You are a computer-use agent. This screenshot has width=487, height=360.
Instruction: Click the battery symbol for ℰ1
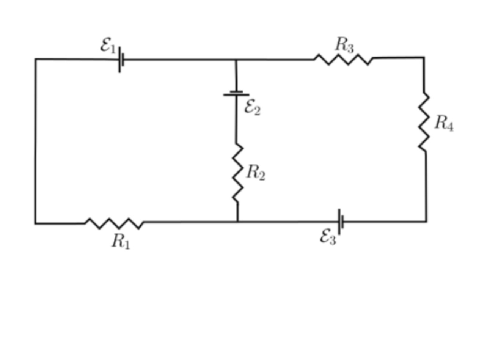click(x=121, y=60)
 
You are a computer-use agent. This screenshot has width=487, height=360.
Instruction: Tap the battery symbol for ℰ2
click(x=236, y=93)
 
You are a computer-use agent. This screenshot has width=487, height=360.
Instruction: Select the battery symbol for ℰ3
click(x=341, y=222)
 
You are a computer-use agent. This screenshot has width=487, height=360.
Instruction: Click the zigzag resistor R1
click(x=114, y=223)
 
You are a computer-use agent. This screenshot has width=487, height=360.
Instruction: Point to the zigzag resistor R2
click(x=237, y=173)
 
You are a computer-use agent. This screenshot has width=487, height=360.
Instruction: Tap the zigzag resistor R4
click(x=424, y=122)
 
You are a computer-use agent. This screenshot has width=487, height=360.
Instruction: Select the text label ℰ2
click(x=252, y=108)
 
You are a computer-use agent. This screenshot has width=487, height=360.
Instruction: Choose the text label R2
click(x=256, y=173)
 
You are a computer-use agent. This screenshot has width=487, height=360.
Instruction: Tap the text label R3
click(x=344, y=45)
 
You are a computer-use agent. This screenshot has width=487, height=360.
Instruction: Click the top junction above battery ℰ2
click(x=236, y=60)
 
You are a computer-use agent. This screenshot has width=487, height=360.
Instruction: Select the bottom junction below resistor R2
click(x=237, y=222)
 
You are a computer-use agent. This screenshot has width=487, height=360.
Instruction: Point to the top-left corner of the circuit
click(x=36, y=59)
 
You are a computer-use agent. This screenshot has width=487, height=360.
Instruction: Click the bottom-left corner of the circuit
click(x=35, y=224)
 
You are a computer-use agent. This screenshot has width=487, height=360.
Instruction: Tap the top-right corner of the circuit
click(x=424, y=58)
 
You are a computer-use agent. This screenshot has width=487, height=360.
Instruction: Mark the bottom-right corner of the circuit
click(x=426, y=222)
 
